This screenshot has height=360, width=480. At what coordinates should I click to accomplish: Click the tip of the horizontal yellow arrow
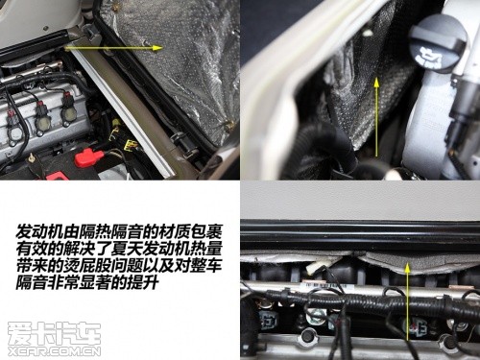pyautogui.click(x=162, y=48)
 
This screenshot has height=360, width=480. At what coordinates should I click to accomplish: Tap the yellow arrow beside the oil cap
pyautogui.click(x=376, y=117)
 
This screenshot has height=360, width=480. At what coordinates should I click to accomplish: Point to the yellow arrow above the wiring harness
pyautogui.click(x=407, y=301)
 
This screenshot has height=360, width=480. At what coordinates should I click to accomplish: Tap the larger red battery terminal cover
pyautogui.click(x=89, y=157)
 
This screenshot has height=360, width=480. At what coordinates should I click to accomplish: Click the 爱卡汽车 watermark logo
pyautogui.click(x=55, y=333)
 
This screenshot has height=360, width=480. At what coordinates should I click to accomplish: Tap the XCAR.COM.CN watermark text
pyautogui.click(x=55, y=351)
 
